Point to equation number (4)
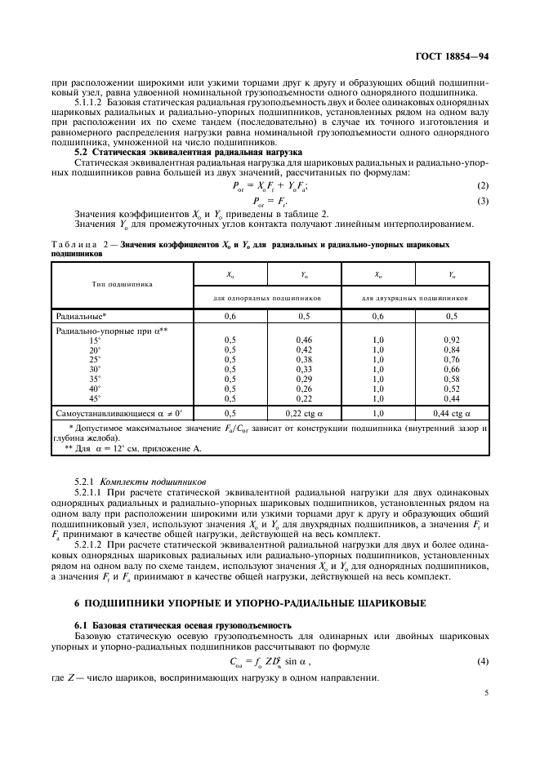click(x=482, y=661)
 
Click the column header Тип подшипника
click(x=122, y=285)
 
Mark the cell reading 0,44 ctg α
click(x=451, y=415)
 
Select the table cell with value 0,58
click(x=451, y=378)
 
